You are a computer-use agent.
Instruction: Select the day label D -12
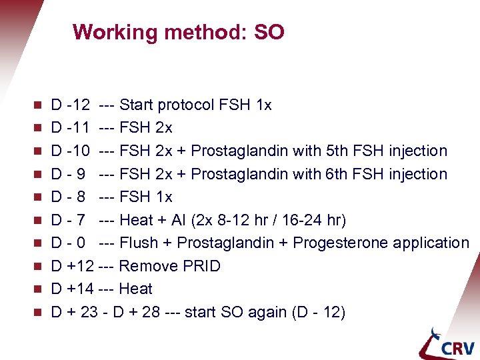pyautogui.click(x=71, y=105)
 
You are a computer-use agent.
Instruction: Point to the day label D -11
pyautogui.click(x=71, y=127)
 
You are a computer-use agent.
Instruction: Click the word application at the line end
pyautogui.click(x=431, y=243)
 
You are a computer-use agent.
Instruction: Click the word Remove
pyautogui.click(x=148, y=266)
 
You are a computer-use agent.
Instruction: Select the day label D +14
pyautogui.click(x=72, y=289)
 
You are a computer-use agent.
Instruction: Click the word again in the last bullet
pyautogui.click(x=268, y=312)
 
